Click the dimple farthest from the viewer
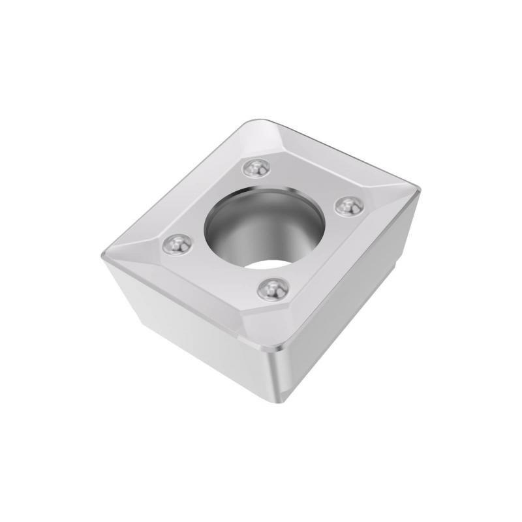[x=255, y=168]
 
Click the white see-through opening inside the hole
[x=271, y=266]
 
